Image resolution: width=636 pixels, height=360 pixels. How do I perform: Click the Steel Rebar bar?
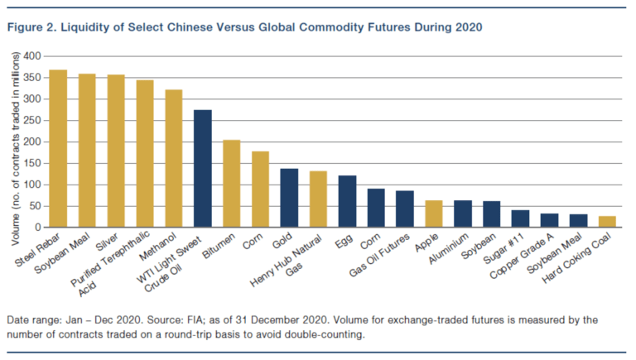[58, 149]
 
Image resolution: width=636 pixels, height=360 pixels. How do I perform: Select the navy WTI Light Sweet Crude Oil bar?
[203, 169]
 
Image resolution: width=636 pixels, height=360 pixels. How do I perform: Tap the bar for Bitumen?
[232, 184]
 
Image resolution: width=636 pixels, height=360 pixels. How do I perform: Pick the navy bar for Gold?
[289, 198]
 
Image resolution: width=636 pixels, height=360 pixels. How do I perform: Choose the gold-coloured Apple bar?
[434, 214]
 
